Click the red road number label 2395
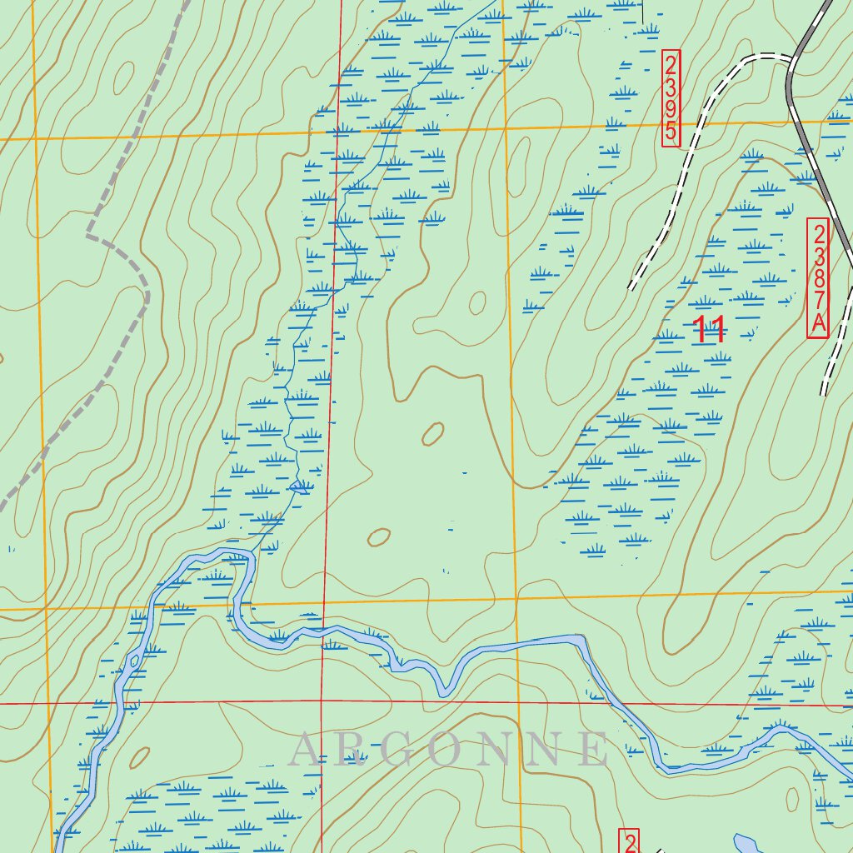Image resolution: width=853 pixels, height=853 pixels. (x=671, y=98)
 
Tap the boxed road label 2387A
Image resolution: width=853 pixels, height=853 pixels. (x=818, y=277)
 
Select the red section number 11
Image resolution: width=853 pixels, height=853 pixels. (x=710, y=331)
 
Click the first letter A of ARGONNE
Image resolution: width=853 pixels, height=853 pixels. (x=306, y=749)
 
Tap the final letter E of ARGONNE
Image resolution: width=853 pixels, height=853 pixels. (x=595, y=749)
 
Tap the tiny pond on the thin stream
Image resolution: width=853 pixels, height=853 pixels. (x=299, y=486)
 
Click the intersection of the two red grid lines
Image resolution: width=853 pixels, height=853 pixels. (x=322, y=703)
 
